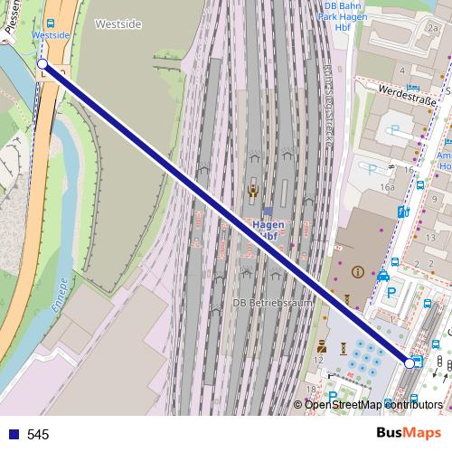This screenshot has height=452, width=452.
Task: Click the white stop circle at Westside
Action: (42, 63)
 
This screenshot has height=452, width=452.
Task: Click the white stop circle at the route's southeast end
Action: (410, 363)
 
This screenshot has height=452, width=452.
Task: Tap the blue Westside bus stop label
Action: (50, 35)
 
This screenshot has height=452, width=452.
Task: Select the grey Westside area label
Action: (118, 24)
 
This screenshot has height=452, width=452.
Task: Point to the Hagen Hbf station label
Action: (268, 230)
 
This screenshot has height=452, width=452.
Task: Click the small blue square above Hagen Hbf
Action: (268, 211)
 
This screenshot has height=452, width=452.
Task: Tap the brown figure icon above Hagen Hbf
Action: (253, 190)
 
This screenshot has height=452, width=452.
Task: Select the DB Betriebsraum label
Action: (272, 303)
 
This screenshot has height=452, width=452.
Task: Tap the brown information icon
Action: (357, 271)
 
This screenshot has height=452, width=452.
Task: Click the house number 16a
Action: (388, 187)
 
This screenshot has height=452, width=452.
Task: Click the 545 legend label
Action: (38, 435)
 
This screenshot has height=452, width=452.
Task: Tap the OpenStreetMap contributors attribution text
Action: (373, 404)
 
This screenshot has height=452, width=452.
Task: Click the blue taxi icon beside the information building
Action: (384, 275)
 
